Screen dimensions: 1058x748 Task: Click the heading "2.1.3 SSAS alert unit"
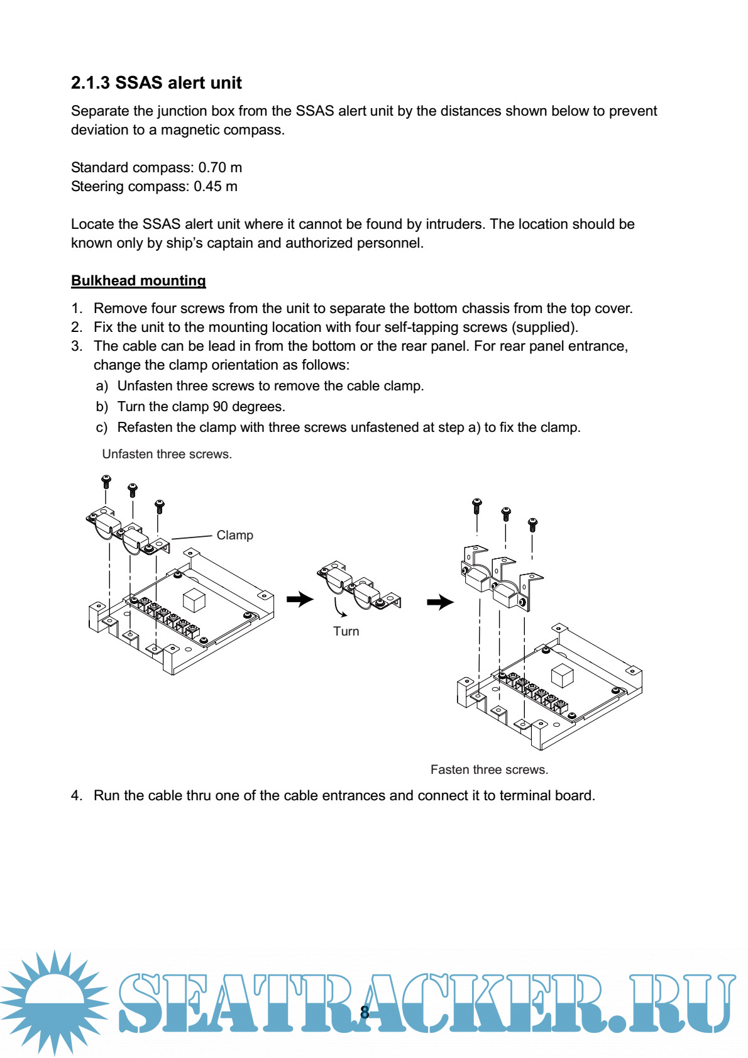coord(156,83)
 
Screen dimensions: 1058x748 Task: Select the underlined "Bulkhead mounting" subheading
coord(138,280)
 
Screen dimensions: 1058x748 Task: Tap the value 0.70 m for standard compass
coord(220,167)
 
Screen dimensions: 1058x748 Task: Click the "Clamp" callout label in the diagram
coord(234,535)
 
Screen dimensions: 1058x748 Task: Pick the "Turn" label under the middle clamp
coord(346,631)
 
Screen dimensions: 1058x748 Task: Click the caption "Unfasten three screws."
coord(167,454)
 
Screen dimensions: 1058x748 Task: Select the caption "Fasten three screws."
coord(489,769)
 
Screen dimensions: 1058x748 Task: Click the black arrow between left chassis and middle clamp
coord(300,599)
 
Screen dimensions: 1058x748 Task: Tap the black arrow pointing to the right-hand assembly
coord(440,602)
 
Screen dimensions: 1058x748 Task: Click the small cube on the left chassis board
coord(194,600)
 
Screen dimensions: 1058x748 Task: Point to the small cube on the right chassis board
coord(562,676)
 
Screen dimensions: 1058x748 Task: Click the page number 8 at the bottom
coord(365,1012)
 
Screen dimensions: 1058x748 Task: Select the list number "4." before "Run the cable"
coord(77,795)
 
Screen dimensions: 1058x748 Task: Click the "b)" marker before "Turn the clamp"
coord(102,407)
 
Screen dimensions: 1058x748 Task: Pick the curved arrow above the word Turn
coord(339,608)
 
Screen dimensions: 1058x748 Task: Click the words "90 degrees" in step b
coord(249,407)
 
